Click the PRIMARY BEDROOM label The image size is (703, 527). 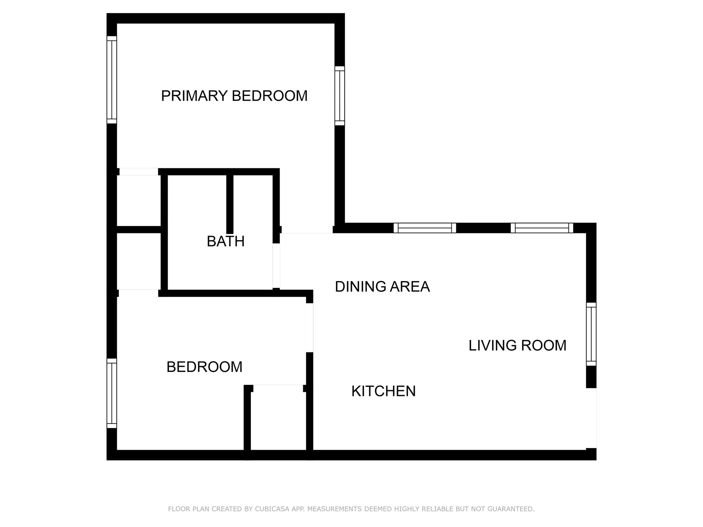pyautogui.click(x=234, y=96)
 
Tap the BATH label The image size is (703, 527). pyautogui.click(x=226, y=242)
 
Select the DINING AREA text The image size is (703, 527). pyautogui.click(x=382, y=287)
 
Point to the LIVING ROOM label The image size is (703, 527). pyautogui.click(x=517, y=345)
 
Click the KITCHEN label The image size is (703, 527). pyautogui.click(x=383, y=391)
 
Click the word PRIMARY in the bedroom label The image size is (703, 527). pyautogui.click(x=194, y=96)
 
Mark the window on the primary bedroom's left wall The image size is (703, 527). pyautogui.click(x=112, y=80)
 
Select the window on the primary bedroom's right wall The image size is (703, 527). pyautogui.click(x=340, y=96)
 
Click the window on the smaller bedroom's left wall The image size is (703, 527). pyautogui.click(x=112, y=393)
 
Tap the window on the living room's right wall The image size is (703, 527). pyautogui.click(x=591, y=334)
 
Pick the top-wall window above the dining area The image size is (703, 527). pyautogui.click(x=425, y=228)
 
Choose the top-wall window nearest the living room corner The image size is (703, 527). pyautogui.click(x=542, y=228)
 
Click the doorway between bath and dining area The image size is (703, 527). pyautogui.click(x=276, y=266)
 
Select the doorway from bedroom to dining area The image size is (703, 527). pyautogui.click(x=309, y=328)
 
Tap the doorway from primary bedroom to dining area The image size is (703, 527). pyautogui.click(x=307, y=230)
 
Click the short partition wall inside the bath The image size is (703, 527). pyautogui.click(x=230, y=204)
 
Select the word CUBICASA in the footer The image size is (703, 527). pyautogui.click(x=272, y=509)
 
